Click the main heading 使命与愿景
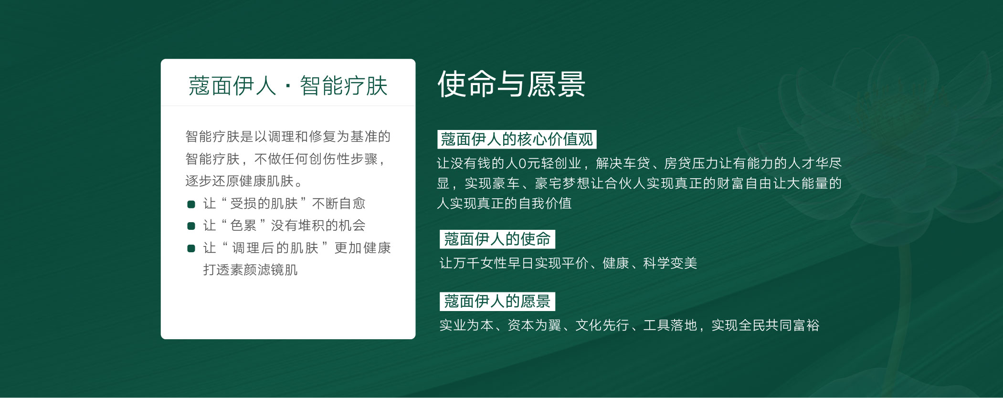pos(511,84)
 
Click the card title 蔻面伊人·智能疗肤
pos(288,86)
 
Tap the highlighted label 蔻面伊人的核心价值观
pos(517,140)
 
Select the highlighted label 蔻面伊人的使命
pos(497,239)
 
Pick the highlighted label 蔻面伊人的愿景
pos(497,301)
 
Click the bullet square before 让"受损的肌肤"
pos(191,204)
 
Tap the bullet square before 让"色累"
pos(191,226)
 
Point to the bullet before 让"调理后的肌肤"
pos(191,248)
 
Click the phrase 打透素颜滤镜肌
pos(250,270)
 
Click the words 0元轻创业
pos(550,163)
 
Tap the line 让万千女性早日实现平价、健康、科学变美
pos(568,263)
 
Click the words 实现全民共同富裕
pos(765,325)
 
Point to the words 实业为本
pos(466,325)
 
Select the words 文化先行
pos(602,325)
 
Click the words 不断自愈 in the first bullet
pos(338,204)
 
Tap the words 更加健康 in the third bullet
pos(363,248)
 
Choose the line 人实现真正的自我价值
pos(504,204)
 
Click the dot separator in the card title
pos(288,86)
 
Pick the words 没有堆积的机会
pos(318,226)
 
